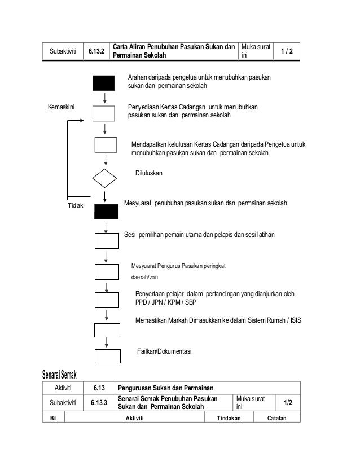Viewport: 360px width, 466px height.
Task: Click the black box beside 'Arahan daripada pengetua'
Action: pyautogui.click(x=104, y=83)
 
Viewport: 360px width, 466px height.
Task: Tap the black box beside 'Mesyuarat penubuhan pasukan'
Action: pyautogui.click(x=106, y=212)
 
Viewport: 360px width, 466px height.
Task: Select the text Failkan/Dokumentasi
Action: pyautogui.click(x=165, y=351)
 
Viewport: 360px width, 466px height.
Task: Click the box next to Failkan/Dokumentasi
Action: pyautogui.click(x=107, y=356)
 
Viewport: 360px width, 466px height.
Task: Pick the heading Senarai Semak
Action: pyautogui.click(x=59, y=375)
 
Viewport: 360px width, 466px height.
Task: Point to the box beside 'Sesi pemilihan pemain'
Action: pyautogui.click(x=107, y=240)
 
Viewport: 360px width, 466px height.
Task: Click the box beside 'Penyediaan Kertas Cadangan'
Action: pyautogui.click(x=104, y=113)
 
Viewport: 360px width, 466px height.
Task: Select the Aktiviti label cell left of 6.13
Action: pyautogui.click(x=67, y=388)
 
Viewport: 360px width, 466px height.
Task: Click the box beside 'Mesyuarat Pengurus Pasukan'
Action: pyautogui.click(x=107, y=271)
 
